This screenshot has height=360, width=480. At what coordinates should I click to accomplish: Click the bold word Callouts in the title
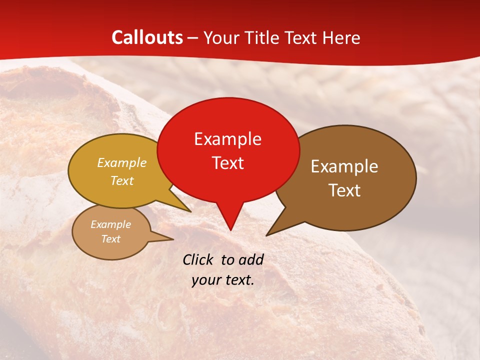coord(147,37)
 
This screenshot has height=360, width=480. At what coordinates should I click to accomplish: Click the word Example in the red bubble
coord(227,139)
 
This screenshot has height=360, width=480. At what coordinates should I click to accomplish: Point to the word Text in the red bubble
coord(227,163)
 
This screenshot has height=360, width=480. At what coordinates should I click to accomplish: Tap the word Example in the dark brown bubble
coord(344,166)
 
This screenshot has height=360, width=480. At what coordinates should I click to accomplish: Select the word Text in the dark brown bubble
coord(344,190)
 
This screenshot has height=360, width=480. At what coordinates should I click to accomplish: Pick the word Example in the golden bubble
coord(122,163)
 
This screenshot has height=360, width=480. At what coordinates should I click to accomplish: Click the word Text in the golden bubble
coord(122,181)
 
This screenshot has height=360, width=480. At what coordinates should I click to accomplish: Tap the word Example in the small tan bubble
coord(110,224)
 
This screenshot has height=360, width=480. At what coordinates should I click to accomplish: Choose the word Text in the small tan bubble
coord(110,239)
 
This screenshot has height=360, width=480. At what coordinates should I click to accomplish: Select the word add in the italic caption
coord(251,260)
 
